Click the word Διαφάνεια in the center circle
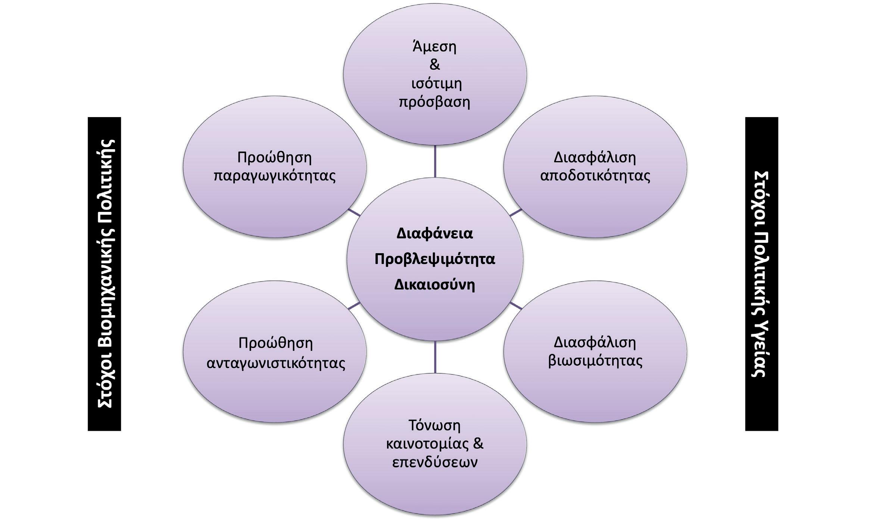click(434, 233)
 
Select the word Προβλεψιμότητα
click(434, 259)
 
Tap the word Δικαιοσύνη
click(434, 285)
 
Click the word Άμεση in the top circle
click(434, 47)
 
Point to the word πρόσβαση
click(434, 102)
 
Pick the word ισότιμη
click(436, 83)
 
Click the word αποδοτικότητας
click(595, 175)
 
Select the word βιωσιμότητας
click(595, 361)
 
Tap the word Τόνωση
click(434, 425)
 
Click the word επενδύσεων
click(434, 462)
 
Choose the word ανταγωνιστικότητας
click(276, 362)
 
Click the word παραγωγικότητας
click(274, 175)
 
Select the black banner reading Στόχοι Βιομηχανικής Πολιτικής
click(105, 274)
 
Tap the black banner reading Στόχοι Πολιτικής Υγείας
click(761, 274)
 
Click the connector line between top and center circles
click(435, 161)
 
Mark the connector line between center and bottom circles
click(435, 357)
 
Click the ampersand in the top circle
click(434, 65)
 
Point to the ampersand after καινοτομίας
click(478, 443)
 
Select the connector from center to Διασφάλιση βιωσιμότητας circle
click(516, 305)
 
